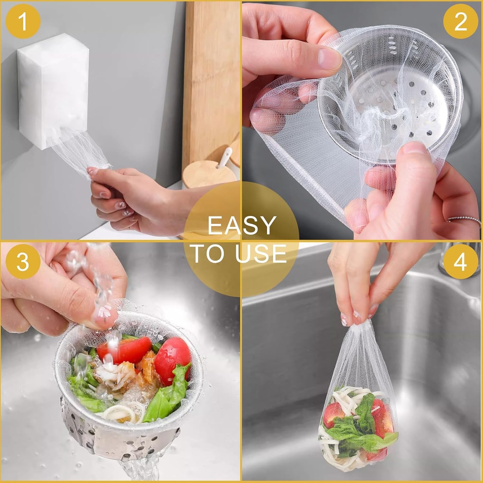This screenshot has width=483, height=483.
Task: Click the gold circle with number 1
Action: click(23, 22)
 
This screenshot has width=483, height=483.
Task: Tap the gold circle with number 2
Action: click(460, 22)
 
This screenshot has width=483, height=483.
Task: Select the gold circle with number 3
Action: click(23, 261)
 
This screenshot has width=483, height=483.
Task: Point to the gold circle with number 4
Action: click(460, 261)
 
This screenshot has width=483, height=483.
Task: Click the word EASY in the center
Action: click(242, 225)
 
